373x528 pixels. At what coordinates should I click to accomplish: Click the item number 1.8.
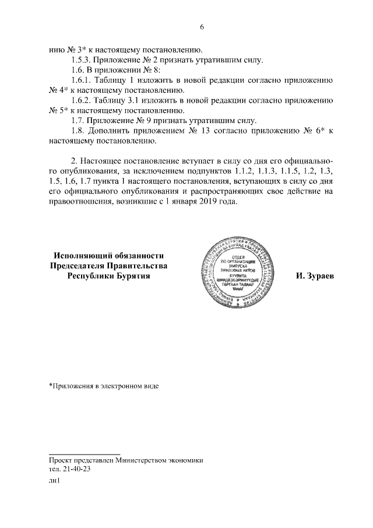pyautogui.click(x=78, y=130)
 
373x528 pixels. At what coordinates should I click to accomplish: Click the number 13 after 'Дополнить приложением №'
pyautogui.click(x=211, y=130)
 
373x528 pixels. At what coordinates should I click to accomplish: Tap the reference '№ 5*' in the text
pyautogui.click(x=58, y=110)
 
